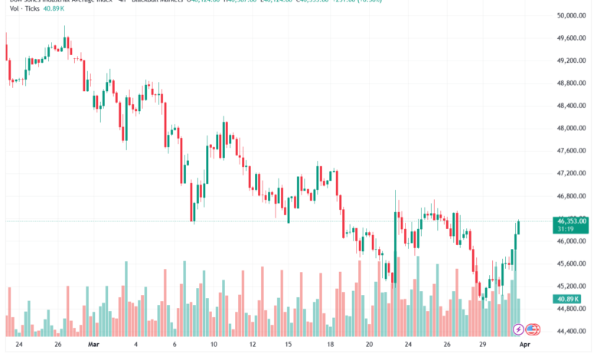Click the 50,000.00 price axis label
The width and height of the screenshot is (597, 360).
click(571, 15)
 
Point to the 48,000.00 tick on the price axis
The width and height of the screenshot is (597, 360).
click(571, 128)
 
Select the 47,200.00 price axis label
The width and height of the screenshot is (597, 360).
click(571, 173)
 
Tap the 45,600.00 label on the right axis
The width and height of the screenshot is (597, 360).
click(571, 263)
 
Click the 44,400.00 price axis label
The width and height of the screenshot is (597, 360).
click(571, 332)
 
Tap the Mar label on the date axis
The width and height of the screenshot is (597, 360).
click(93, 345)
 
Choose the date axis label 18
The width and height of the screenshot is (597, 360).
click(328, 345)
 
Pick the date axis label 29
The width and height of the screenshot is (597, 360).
click(483, 345)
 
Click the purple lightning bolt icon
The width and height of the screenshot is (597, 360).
click(518, 329)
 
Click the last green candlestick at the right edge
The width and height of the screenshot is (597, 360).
click(520, 227)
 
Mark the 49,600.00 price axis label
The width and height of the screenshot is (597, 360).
click(571, 38)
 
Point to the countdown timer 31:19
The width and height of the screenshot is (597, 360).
click(566, 229)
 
